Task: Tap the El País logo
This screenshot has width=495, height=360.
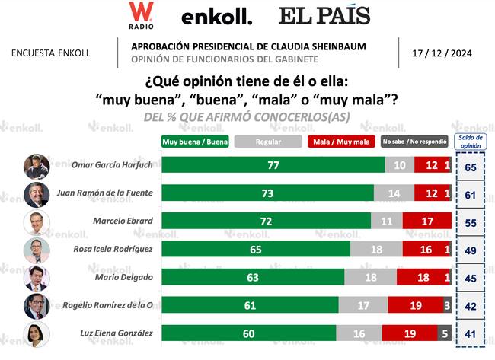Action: point(324,15)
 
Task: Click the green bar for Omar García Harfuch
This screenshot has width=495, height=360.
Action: point(273,165)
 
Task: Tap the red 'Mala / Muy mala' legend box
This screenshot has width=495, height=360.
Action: point(340,142)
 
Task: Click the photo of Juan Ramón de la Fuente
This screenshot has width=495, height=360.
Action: point(37,193)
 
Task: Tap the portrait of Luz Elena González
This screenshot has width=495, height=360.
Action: point(37,333)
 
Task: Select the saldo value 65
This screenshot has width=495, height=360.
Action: point(470,165)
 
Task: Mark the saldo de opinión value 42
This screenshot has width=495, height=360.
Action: point(470,305)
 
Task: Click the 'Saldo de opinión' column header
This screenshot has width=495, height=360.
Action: point(470,142)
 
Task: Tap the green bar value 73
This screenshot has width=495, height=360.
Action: point(267,193)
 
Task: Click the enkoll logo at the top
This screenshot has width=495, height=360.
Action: point(216,17)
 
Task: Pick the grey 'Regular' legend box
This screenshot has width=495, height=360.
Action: point(267,142)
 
